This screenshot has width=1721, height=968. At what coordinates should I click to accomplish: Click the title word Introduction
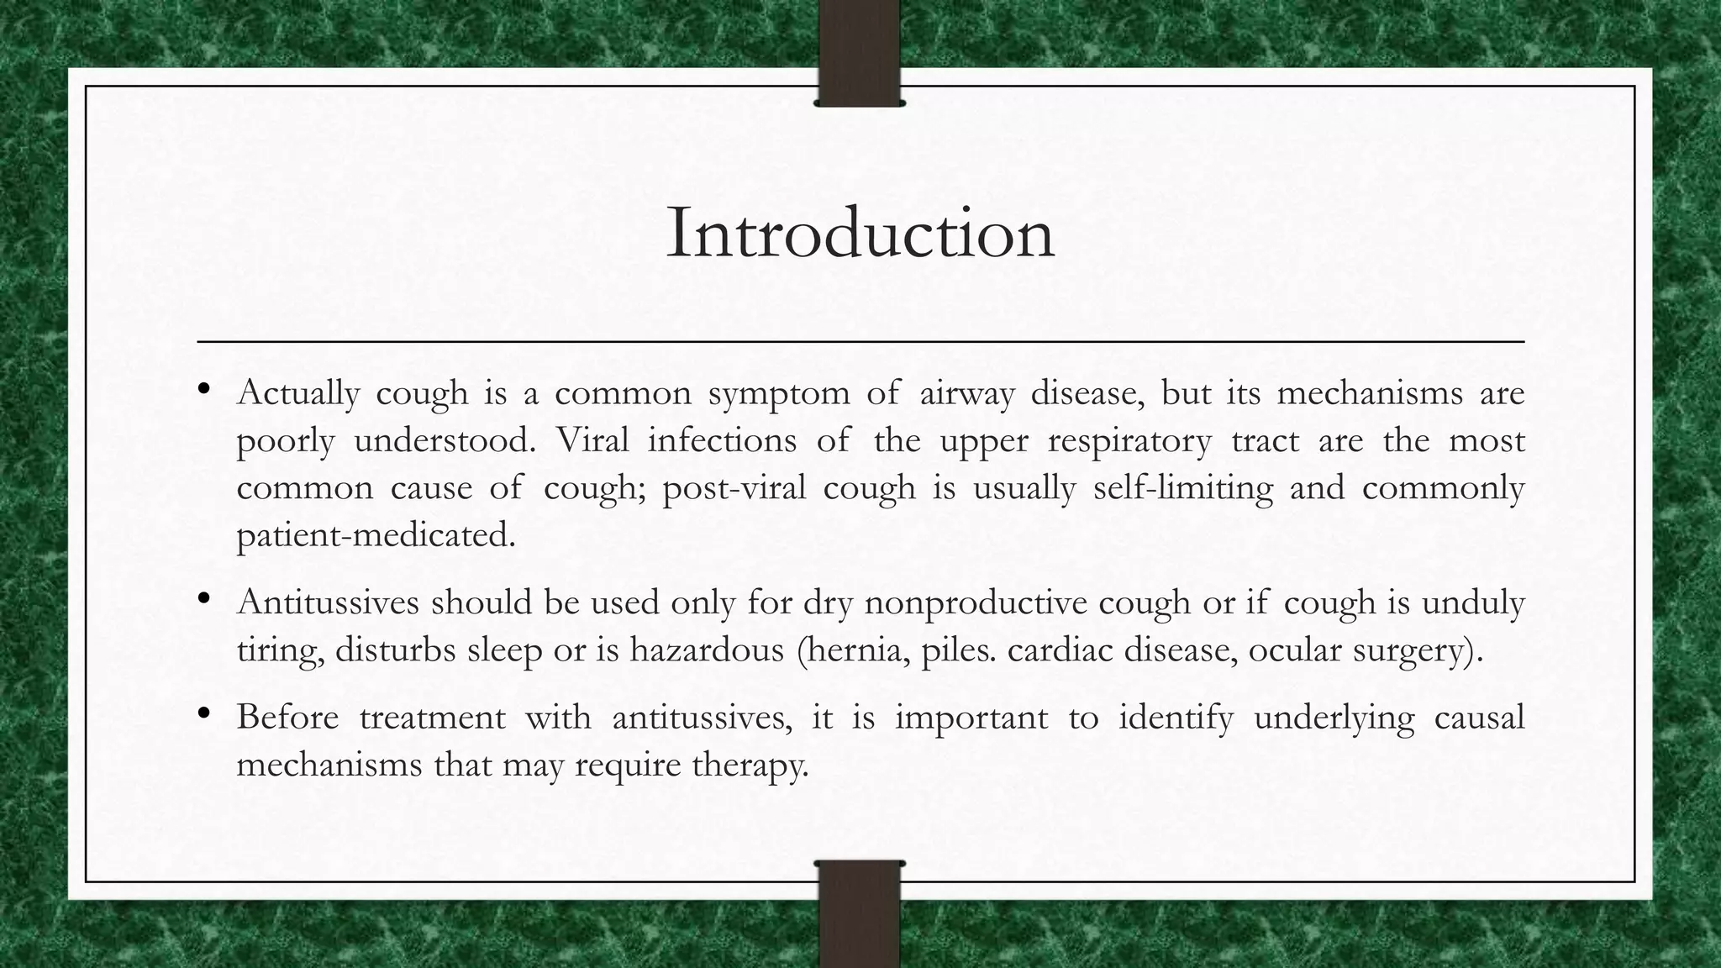860,234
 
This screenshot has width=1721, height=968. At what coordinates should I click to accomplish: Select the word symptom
778,394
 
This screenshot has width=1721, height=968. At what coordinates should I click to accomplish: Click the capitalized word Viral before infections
592,440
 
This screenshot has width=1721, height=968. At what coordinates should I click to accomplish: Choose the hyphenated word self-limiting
1182,488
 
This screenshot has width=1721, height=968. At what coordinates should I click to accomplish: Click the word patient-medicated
376,535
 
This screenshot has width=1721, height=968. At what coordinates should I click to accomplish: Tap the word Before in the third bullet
287,718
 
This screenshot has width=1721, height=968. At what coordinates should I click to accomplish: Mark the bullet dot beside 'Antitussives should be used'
203,599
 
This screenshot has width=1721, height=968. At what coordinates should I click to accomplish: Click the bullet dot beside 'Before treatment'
203,714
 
